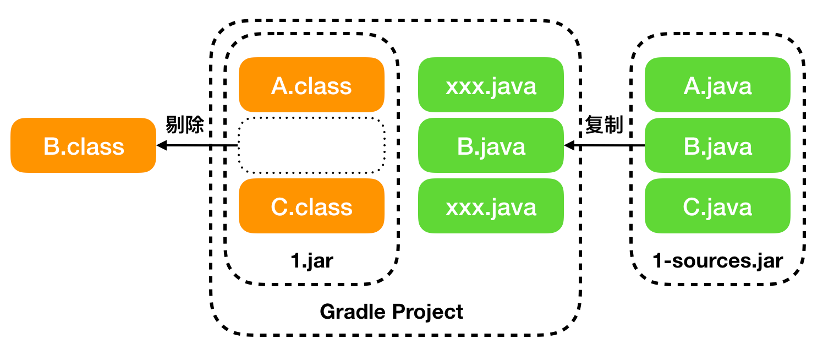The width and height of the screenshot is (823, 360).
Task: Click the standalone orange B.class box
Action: (x=84, y=145)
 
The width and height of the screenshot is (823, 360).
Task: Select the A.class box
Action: (x=311, y=85)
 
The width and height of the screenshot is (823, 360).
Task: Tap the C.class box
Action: (x=311, y=206)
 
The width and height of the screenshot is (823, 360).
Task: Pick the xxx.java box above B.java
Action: (x=491, y=85)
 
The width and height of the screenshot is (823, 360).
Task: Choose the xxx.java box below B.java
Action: (x=491, y=206)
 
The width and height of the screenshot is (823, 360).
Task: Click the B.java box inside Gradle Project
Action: (x=491, y=145)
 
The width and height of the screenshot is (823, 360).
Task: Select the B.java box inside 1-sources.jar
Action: (x=717, y=145)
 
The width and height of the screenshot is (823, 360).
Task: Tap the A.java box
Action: (x=717, y=85)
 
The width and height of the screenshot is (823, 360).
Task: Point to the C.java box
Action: (x=717, y=206)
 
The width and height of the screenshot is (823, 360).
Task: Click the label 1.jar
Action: (x=312, y=261)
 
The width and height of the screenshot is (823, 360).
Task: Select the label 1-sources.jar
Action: (x=717, y=261)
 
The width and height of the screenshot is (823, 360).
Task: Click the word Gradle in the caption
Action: (x=353, y=312)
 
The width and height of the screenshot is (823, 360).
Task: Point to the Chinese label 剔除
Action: (x=184, y=124)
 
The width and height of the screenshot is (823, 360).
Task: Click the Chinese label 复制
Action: (x=604, y=124)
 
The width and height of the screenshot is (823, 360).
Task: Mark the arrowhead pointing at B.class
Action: (x=162, y=146)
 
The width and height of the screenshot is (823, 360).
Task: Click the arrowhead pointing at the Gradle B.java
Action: (x=569, y=146)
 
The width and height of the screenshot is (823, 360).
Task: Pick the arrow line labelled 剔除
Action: (x=197, y=146)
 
